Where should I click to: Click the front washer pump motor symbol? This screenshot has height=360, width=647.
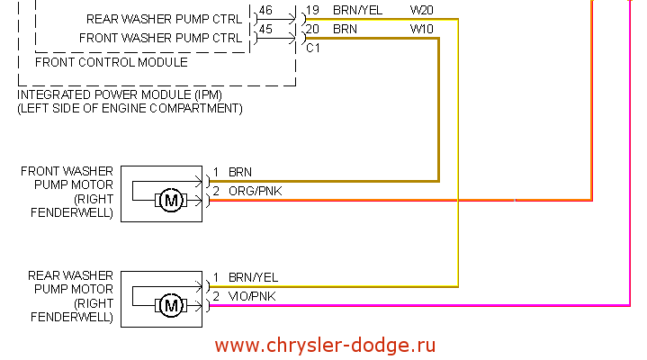170,200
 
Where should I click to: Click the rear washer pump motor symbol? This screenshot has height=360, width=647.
170,306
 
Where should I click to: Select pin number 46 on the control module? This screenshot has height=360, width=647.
265,11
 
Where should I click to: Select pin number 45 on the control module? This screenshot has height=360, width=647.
265,30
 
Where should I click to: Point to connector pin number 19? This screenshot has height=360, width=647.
312,10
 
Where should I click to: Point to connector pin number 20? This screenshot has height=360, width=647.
312,29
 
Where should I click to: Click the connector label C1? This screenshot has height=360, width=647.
313,48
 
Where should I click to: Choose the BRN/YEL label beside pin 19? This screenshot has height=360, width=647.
358,10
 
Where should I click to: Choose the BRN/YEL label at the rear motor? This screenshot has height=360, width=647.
253,277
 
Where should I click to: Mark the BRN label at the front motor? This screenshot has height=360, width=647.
240,171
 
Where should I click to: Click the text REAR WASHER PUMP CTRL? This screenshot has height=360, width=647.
164,19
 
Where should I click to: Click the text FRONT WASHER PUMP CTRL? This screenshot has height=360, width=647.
160,39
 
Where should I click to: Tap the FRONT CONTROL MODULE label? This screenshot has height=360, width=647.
111,63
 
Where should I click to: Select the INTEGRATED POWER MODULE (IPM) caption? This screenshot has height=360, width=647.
120,94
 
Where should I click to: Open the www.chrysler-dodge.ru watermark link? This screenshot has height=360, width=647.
326,345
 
